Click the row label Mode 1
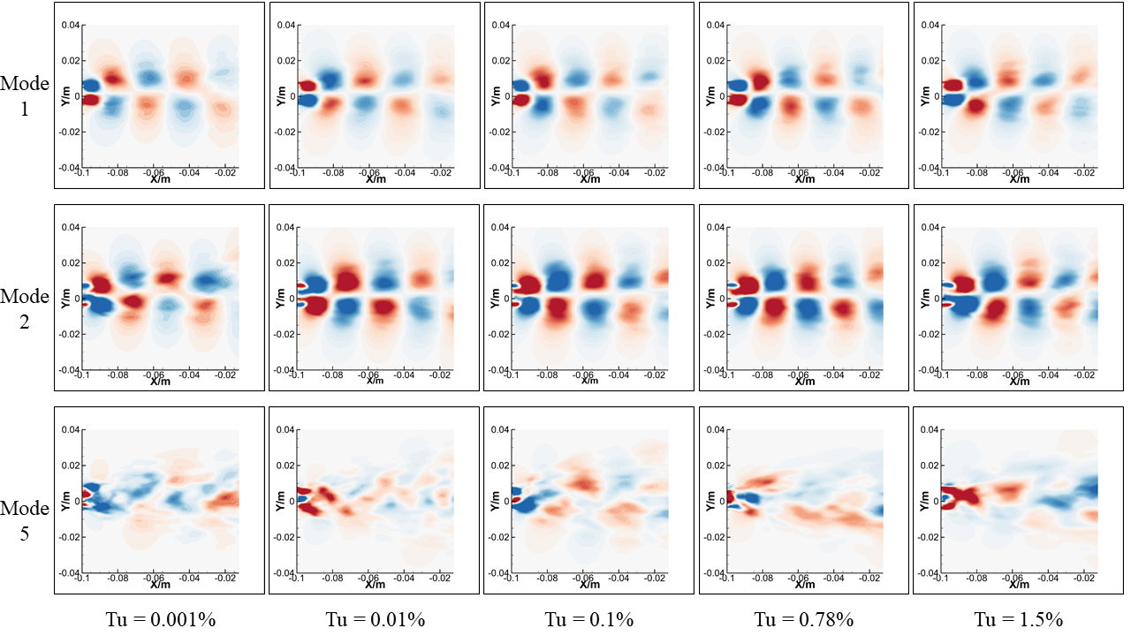pyautogui.click(x=25, y=95)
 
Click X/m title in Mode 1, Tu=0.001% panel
pyautogui.click(x=160, y=178)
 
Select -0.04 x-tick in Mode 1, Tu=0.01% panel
pyautogui.click(x=404, y=174)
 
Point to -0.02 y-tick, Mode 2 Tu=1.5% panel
pyautogui.click(x=928, y=335)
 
